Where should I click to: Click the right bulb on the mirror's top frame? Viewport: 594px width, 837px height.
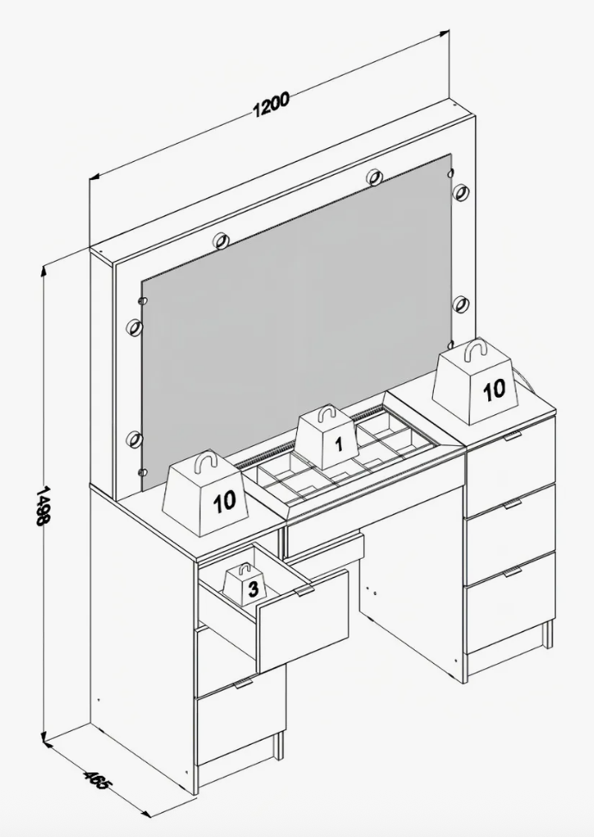pyautogui.click(x=374, y=177)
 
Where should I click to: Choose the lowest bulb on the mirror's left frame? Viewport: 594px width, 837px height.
pyautogui.click(x=134, y=440)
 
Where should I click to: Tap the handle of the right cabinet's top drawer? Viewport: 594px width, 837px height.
pyautogui.click(x=513, y=437)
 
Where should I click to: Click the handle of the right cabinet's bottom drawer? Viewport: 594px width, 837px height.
pyautogui.click(x=513, y=572)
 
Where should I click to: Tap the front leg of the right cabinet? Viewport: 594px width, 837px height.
pyautogui.click(x=548, y=635)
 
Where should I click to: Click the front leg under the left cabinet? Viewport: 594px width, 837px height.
pyautogui.click(x=277, y=746)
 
